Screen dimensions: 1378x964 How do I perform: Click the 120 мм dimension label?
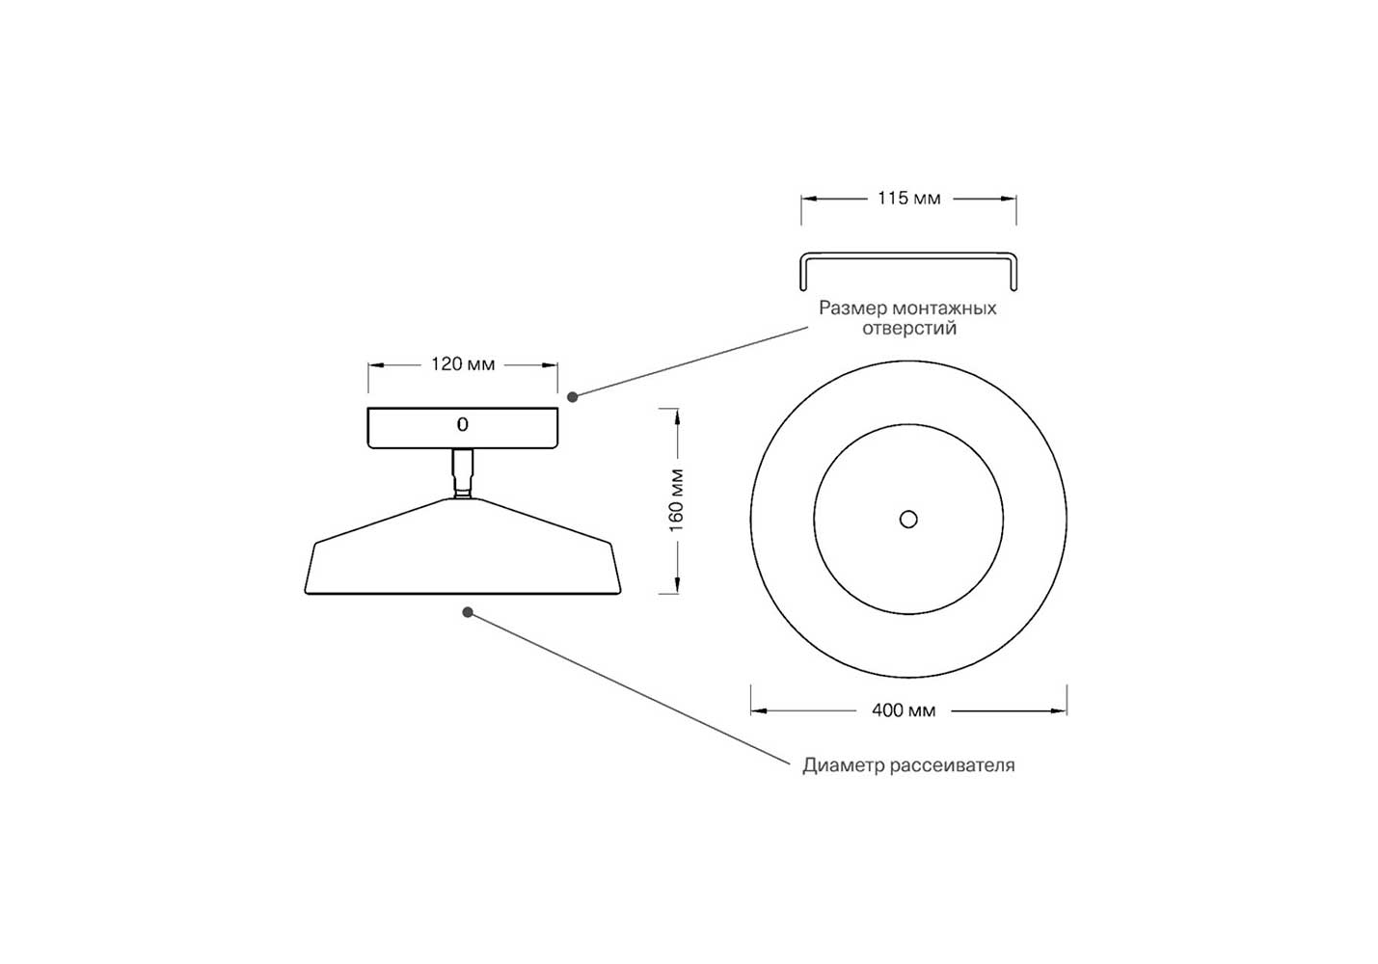tap(463, 364)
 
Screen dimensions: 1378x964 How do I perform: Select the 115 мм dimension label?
tap(908, 199)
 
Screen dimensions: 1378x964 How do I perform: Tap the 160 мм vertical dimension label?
tap(676, 500)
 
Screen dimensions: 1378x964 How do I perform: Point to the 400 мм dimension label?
tap(904, 710)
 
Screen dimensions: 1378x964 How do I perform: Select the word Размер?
tap(853, 308)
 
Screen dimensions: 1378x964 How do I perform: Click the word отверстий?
tap(909, 329)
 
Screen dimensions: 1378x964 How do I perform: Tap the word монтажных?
tap(945, 308)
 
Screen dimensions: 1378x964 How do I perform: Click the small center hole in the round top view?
tap(908, 520)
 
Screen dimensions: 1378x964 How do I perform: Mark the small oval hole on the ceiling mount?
tap(463, 424)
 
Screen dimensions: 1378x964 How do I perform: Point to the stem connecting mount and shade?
tap(463, 473)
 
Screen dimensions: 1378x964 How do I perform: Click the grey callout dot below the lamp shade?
tap(468, 612)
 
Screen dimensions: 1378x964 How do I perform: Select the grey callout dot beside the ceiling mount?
tap(573, 397)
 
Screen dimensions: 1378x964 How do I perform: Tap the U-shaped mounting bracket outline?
tap(908, 255)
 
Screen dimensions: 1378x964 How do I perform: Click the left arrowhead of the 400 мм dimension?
tap(759, 711)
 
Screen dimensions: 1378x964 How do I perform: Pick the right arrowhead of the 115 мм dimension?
tap(1009, 199)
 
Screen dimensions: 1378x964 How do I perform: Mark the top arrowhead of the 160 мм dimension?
tap(677, 416)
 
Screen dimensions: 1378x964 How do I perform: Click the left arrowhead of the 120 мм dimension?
tap(376, 365)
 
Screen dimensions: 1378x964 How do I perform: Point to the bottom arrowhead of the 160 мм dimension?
tap(677, 585)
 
